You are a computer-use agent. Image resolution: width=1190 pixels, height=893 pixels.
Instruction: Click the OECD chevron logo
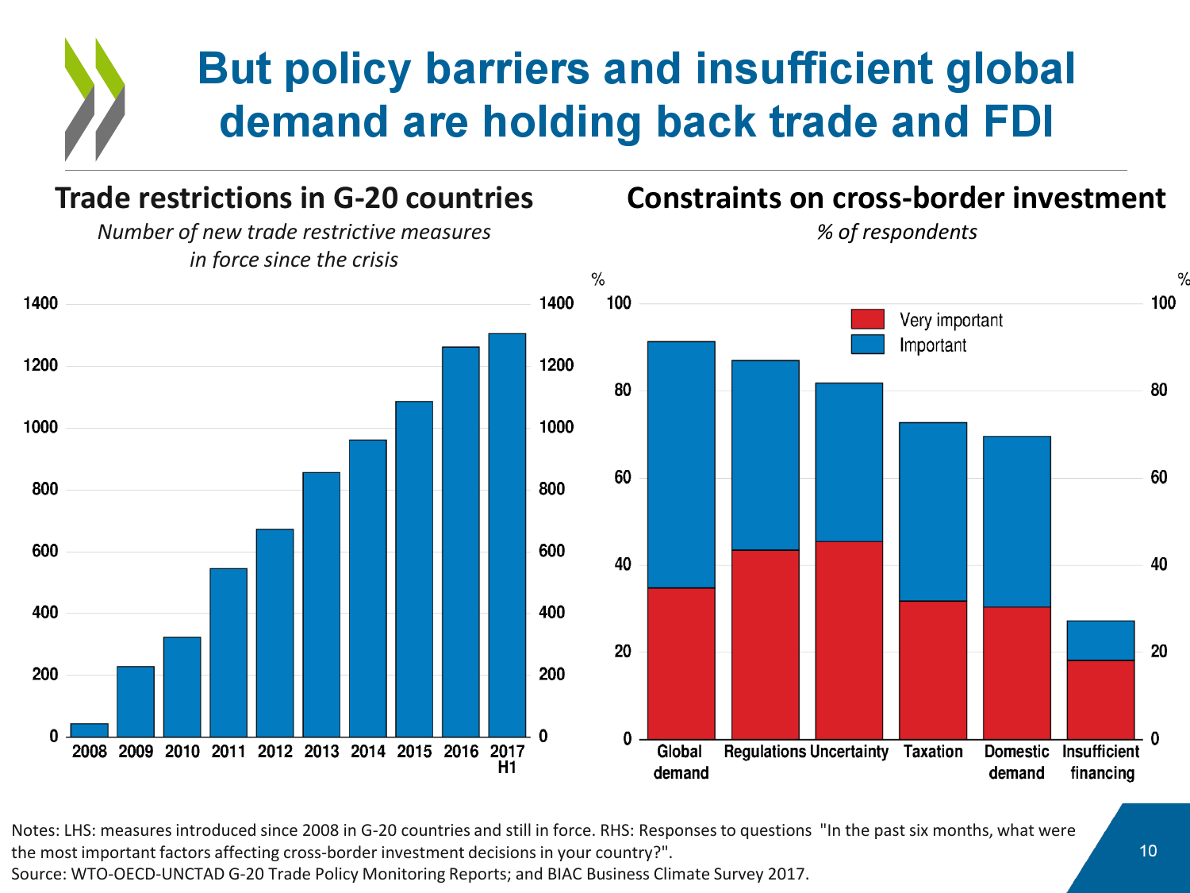(x=94, y=99)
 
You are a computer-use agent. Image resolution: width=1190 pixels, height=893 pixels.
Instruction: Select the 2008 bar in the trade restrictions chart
(x=89, y=730)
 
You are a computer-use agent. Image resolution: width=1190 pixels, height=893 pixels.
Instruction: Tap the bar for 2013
(x=321, y=604)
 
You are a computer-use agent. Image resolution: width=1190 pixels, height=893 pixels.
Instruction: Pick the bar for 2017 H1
(x=507, y=535)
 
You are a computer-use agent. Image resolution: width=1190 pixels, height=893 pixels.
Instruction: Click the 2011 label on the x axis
(x=228, y=752)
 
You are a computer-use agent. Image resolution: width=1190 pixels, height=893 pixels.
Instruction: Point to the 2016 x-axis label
(x=461, y=752)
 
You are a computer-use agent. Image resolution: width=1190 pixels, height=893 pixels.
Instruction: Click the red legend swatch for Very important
(x=867, y=319)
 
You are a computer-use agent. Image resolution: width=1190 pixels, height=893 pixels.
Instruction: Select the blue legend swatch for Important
(x=867, y=344)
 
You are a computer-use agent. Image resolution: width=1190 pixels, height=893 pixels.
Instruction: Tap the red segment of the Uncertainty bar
(x=849, y=640)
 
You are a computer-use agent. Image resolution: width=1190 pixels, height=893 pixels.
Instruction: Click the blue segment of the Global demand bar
(x=681, y=464)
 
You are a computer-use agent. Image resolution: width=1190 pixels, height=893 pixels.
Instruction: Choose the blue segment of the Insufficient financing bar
(x=1100, y=641)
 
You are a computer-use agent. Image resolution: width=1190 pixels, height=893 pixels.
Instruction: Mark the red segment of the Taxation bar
(x=933, y=670)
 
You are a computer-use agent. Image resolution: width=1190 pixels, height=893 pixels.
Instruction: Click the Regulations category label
(x=764, y=752)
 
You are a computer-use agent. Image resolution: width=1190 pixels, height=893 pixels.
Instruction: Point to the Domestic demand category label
(x=1016, y=762)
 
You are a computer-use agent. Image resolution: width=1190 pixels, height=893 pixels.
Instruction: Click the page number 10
(x=1148, y=851)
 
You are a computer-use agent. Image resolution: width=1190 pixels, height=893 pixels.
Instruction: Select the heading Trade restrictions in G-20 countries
(x=294, y=198)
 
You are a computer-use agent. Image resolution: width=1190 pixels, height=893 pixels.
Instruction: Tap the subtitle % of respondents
(x=896, y=232)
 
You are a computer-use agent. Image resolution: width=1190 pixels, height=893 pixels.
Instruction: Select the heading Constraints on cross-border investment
(x=896, y=198)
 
